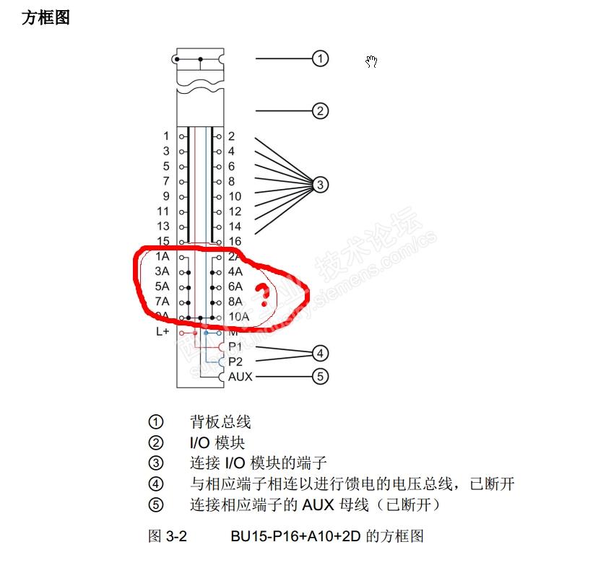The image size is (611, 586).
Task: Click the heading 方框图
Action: [45, 18]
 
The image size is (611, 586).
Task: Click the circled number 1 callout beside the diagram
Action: [320, 58]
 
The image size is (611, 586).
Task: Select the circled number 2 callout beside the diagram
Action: [320, 111]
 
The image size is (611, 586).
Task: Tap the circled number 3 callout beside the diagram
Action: [320, 185]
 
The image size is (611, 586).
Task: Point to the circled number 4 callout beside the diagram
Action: [320, 354]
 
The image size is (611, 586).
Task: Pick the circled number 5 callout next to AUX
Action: [320, 376]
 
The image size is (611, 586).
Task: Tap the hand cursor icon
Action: [371, 62]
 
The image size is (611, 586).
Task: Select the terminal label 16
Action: [235, 241]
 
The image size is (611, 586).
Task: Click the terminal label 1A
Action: [162, 257]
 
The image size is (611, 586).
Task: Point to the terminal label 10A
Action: [239, 317]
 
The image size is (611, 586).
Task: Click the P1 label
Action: [235, 347]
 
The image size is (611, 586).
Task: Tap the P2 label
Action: [235, 362]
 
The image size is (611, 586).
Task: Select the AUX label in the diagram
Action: [240, 377]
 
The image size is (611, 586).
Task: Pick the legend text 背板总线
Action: [220, 421]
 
